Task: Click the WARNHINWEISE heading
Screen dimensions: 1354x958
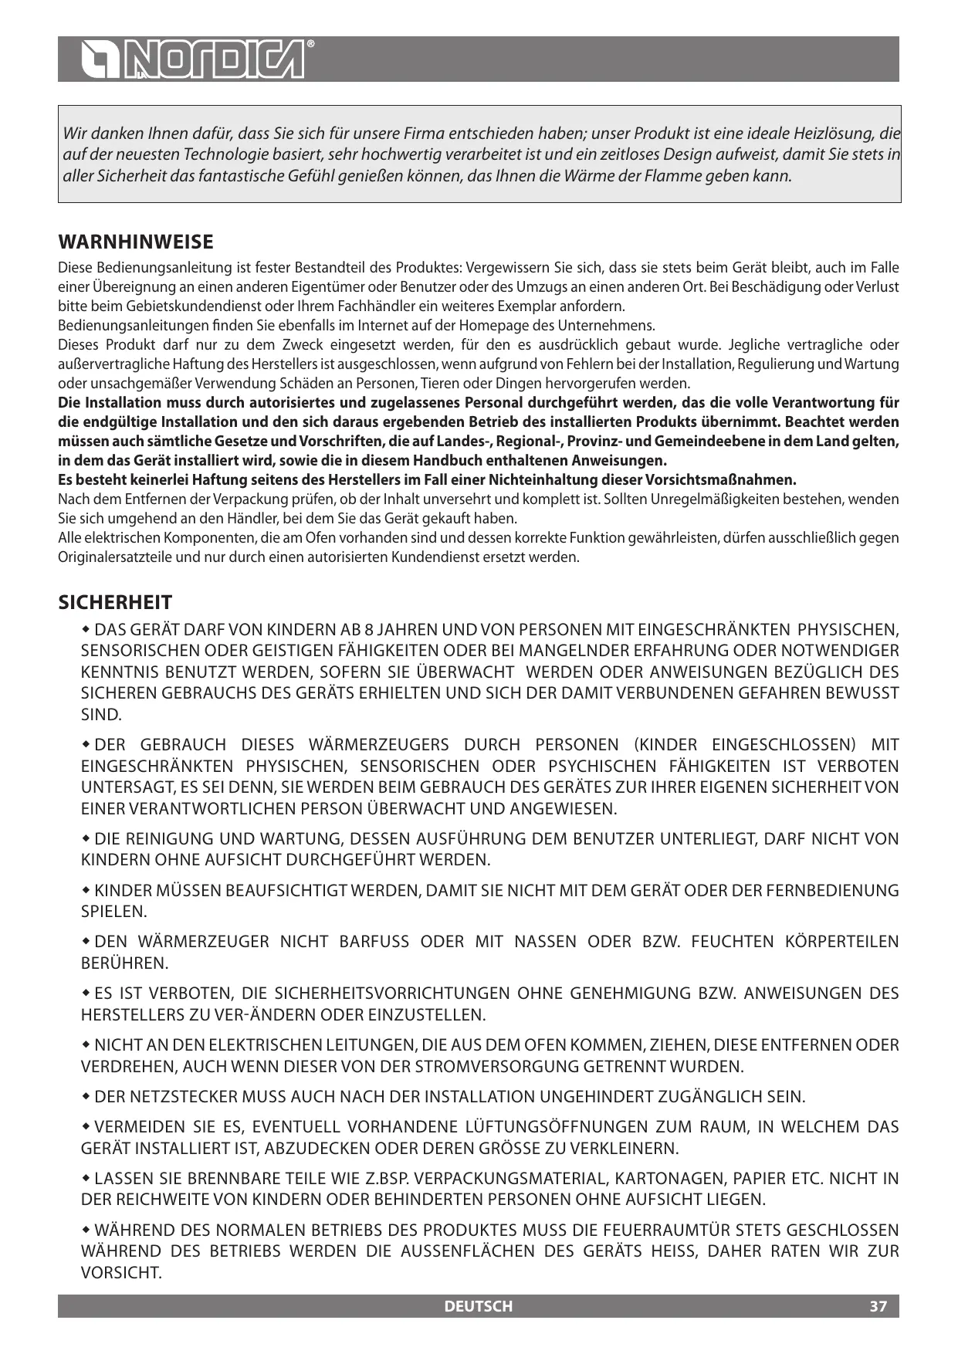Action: click(x=136, y=242)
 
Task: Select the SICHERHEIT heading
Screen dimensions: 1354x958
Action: click(x=115, y=603)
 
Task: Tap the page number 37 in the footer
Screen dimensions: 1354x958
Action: click(x=878, y=1306)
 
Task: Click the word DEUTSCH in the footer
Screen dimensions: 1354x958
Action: click(x=479, y=1306)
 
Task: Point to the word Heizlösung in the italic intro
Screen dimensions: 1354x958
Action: click(x=838, y=133)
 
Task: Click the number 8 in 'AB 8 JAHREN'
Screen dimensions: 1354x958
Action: click(x=368, y=630)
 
